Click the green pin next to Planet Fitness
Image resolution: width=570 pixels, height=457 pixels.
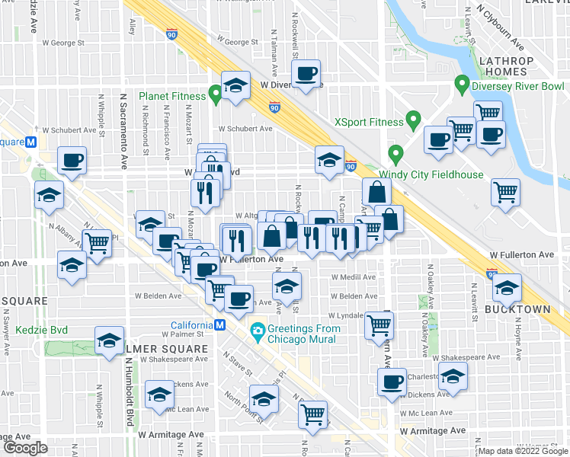tap(216, 95)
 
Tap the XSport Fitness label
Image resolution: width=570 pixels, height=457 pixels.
tap(369, 121)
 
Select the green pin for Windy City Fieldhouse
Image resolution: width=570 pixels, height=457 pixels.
tap(395, 155)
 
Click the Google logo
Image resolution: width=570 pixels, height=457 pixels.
tap(25, 448)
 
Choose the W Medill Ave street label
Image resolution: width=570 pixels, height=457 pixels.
tap(353, 277)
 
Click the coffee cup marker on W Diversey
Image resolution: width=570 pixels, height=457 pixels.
tap(306, 75)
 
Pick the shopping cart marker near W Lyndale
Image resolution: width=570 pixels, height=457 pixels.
tap(379, 326)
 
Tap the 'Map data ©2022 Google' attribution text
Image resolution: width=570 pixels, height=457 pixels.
tap(522, 451)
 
